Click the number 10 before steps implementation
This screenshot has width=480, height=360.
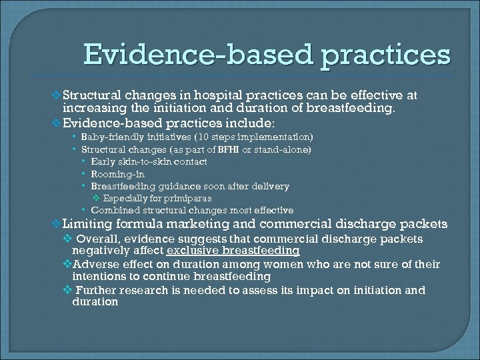click(199, 137)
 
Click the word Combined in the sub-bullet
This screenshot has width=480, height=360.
click(111, 210)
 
